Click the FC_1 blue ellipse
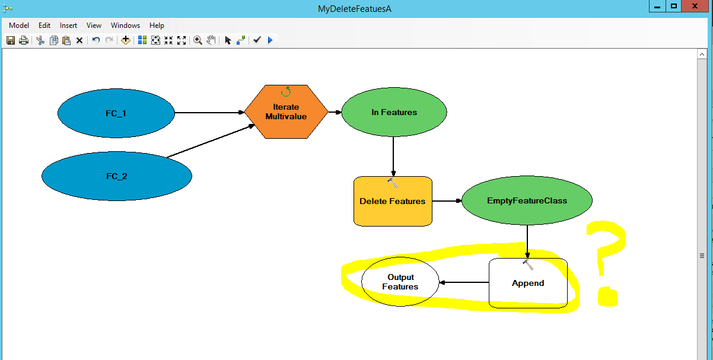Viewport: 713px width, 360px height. pos(116,113)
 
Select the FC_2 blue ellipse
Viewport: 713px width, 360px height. pos(117,176)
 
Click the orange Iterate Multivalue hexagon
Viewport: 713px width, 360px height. pos(286,111)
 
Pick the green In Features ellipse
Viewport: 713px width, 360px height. pos(394,112)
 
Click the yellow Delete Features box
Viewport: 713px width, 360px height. pos(393,201)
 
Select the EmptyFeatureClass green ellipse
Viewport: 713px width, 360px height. pos(527,200)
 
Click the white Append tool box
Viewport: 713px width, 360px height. pos(528,283)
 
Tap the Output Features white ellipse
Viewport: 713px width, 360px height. pos(400,282)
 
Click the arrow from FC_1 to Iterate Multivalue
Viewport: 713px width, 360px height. pos(209,112)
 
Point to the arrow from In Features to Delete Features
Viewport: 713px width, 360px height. pos(393,157)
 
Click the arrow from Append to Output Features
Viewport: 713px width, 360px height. pos(464,282)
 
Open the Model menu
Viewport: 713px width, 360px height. pos(19,26)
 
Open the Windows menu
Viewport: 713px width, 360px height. pos(125,26)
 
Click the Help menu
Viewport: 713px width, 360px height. pos(157,26)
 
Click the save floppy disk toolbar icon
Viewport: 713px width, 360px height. pos(11,40)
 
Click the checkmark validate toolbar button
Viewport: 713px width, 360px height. pos(257,40)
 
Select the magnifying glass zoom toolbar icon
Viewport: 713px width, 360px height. pos(198,40)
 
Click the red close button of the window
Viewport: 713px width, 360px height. pos(695,6)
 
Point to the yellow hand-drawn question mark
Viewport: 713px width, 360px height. pos(606,263)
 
